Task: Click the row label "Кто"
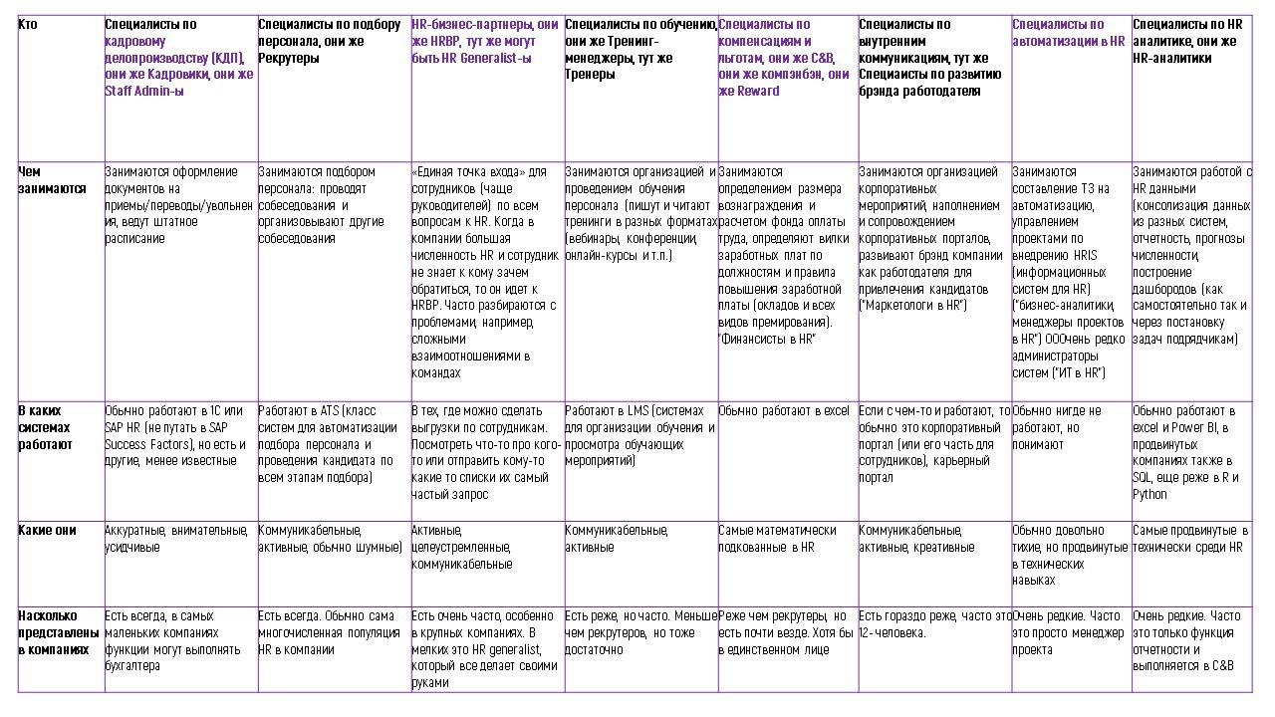click(x=28, y=24)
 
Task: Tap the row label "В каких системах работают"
click(x=46, y=427)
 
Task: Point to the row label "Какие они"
click(x=48, y=531)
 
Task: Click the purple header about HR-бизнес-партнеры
click(x=485, y=41)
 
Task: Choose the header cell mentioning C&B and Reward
click(x=784, y=58)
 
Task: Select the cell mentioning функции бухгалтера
click(x=173, y=641)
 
